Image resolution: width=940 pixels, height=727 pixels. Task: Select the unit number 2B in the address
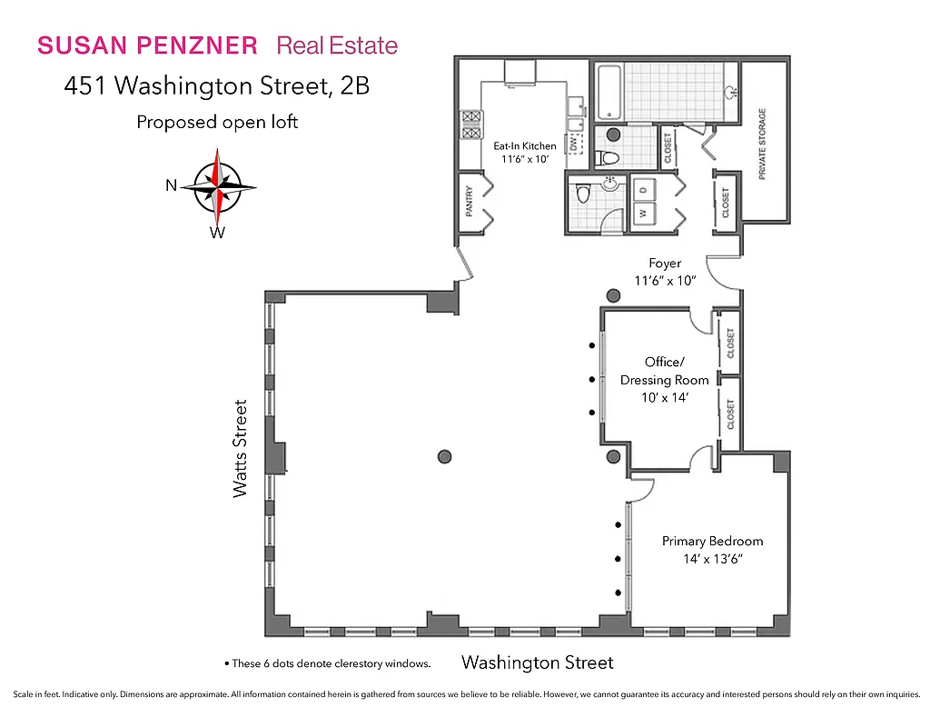coord(355,86)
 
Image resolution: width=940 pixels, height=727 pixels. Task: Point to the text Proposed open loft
coord(217,122)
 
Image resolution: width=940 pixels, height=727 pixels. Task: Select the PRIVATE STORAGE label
coord(762,144)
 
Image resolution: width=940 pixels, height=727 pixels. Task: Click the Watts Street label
coord(240,448)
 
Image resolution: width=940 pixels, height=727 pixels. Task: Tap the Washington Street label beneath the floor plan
coord(537,662)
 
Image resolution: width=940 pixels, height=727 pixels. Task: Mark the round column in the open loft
coord(444,456)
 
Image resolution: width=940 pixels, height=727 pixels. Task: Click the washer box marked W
coord(643,214)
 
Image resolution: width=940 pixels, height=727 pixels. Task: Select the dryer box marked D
coord(643,187)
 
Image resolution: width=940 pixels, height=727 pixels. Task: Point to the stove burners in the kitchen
coord(471,124)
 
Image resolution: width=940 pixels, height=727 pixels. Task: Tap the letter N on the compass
coord(171,185)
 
